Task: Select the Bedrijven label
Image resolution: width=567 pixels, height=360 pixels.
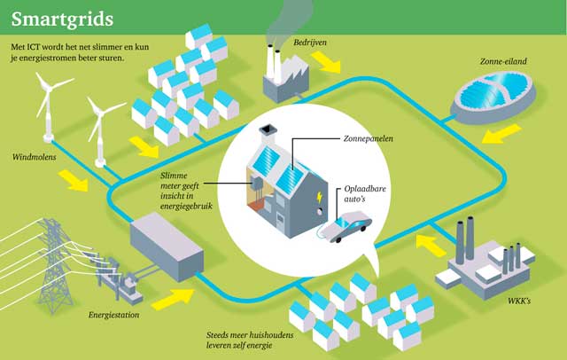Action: [x=313, y=42]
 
